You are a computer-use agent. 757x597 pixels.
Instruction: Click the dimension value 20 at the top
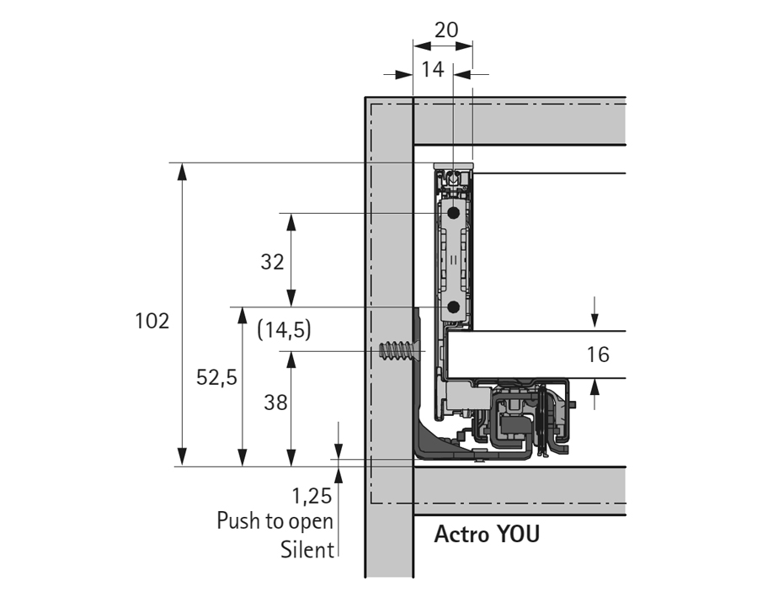pyautogui.click(x=445, y=29)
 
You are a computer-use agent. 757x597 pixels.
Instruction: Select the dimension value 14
pyautogui.click(x=432, y=70)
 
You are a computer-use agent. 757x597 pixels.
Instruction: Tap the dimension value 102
pyautogui.click(x=152, y=321)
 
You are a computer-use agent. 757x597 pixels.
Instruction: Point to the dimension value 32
pyautogui.click(x=272, y=262)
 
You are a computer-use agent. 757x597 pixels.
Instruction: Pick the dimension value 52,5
pyautogui.click(x=216, y=378)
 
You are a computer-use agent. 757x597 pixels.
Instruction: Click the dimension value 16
pyautogui.click(x=598, y=354)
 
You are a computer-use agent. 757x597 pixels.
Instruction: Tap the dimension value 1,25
pyautogui.click(x=312, y=494)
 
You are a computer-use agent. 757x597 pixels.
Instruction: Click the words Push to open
pyautogui.click(x=275, y=520)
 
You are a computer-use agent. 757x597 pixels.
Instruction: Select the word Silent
pyautogui.click(x=307, y=550)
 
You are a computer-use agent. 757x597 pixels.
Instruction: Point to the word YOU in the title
pyautogui.click(x=517, y=535)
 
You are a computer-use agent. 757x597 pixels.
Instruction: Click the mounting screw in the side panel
pyautogui.click(x=401, y=349)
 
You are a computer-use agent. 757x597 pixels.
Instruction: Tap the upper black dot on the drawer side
pyautogui.click(x=454, y=213)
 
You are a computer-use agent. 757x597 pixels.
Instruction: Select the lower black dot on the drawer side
pyautogui.click(x=454, y=307)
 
